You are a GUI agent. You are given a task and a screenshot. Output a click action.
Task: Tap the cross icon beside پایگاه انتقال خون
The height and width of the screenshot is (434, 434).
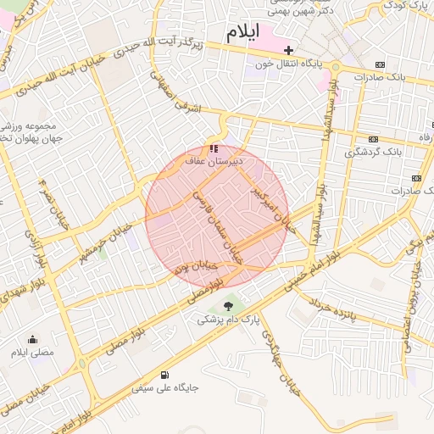(x=288, y=50)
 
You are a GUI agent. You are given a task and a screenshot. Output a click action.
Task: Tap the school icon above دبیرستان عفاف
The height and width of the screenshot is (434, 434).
(x=214, y=149)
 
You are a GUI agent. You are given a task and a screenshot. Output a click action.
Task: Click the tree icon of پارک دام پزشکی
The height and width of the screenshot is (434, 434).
(x=228, y=305)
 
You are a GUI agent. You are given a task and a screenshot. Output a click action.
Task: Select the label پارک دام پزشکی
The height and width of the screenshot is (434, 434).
(x=228, y=320)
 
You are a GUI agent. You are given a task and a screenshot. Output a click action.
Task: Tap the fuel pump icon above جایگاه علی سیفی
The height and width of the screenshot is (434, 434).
(x=164, y=375)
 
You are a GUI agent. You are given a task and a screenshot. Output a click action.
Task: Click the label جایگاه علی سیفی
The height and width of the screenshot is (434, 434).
(x=164, y=388)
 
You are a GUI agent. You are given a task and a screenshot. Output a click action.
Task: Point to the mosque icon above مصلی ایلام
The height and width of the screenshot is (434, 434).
(x=32, y=338)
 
